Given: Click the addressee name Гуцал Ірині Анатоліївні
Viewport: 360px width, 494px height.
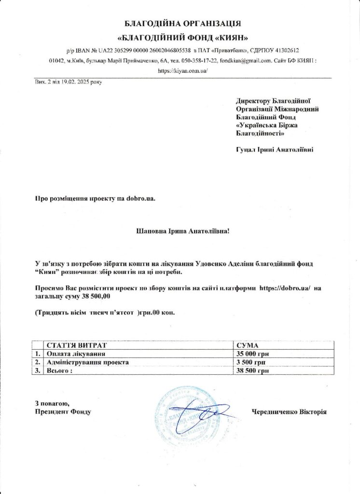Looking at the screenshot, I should (274, 150).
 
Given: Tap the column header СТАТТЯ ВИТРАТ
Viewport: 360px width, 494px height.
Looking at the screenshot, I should (75, 346).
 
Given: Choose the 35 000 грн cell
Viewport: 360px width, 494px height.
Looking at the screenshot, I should (252, 354).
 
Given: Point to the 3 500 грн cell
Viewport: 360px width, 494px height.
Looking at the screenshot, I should (251, 362).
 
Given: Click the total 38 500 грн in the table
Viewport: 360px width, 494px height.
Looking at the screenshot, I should (252, 370).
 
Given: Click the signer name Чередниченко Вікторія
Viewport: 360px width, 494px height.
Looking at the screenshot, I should (289, 412).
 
